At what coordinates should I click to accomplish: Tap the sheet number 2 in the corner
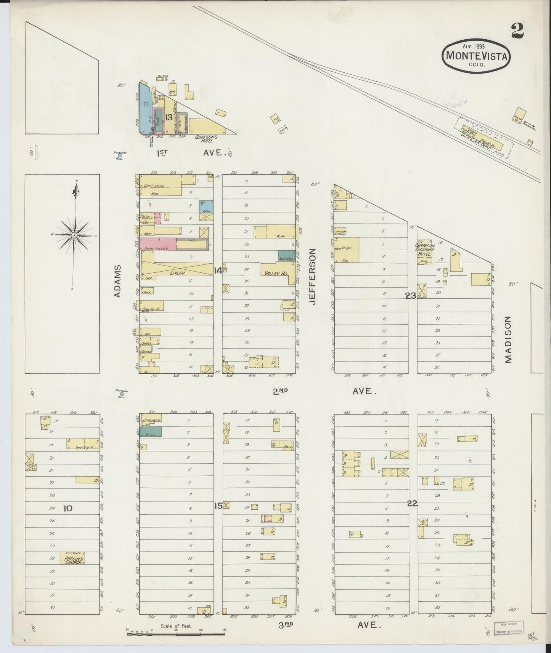pyautogui.click(x=518, y=31)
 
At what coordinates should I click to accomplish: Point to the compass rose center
pyautogui.click(x=74, y=235)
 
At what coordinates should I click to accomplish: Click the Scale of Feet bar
pyautogui.click(x=176, y=634)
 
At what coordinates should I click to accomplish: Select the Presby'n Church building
pyautogui.click(x=72, y=559)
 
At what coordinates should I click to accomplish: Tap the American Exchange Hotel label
pyautogui.click(x=424, y=250)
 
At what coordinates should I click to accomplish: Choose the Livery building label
pyautogui.click(x=177, y=273)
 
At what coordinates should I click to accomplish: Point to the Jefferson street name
pyautogui.click(x=313, y=276)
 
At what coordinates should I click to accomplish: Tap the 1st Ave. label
pyautogui.click(x=191, y=153)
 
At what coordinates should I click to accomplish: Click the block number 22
pyautogui.click(x=412, y=504)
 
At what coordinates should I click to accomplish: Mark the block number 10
pyautogui.click(x=67, y=508)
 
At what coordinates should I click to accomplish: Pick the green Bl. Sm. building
pyautogui.click(x=151, y=432)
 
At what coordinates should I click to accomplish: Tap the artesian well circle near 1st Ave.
pyautogui.click(x=120, y=155)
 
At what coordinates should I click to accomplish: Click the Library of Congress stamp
pyautogui.click(x=509, y=627)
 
